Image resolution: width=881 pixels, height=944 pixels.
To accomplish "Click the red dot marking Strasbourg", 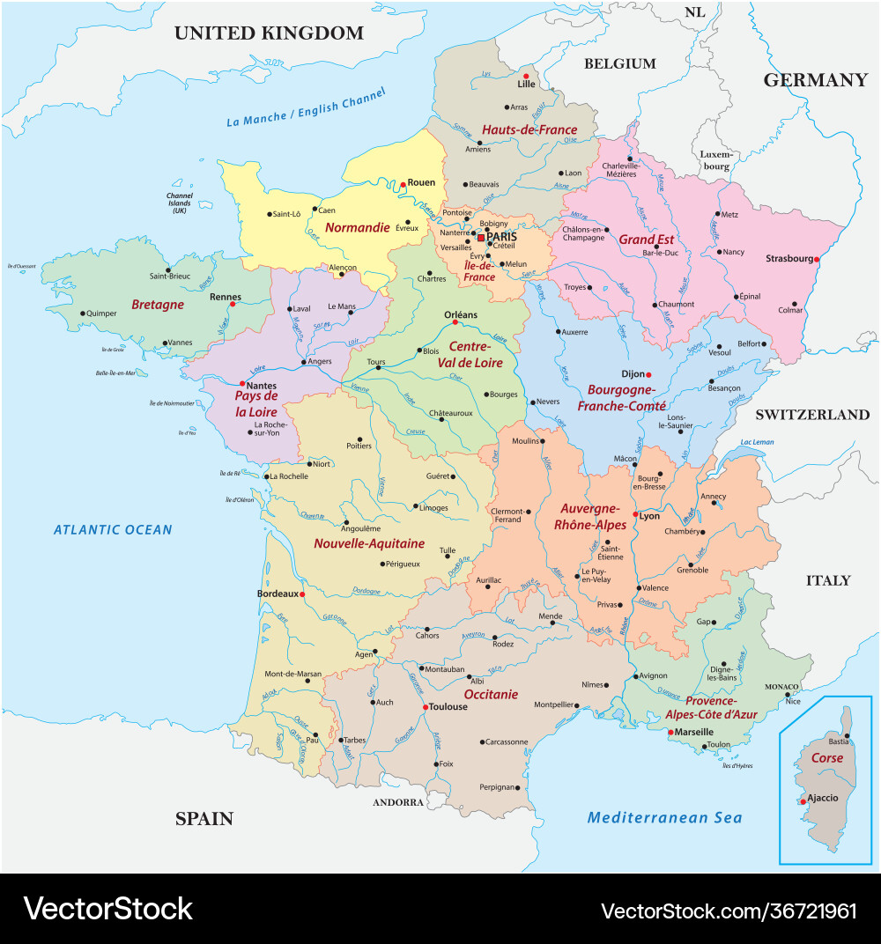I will [x=817, y=260].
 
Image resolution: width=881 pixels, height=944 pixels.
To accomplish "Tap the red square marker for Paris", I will [x=480, y=238].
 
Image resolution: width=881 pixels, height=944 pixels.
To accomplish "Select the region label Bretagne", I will [x=158, y=305].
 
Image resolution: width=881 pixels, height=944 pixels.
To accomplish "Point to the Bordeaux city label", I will [x=278, y=594].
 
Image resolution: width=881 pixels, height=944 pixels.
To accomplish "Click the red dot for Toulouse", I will [x=426, y=707].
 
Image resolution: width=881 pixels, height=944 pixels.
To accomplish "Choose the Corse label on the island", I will [x=826, y=757].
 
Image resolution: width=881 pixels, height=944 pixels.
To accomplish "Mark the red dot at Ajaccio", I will [x=803, y=801].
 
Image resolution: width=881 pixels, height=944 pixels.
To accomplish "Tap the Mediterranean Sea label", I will [x=664, y=817].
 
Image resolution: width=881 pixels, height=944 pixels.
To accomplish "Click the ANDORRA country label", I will [x=398, y=802].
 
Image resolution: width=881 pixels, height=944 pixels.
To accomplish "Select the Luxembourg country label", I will [x=716, y=159].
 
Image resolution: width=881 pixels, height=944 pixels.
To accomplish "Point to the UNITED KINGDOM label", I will [x=269, y=33].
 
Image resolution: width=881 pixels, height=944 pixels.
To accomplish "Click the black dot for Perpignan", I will [x=519, y=788].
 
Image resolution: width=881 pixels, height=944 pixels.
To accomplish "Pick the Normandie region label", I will [x=357, y=227].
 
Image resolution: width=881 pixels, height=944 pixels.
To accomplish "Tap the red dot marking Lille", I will [x=526, y=77].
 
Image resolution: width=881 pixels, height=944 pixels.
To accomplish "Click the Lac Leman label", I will [x=757, y=442].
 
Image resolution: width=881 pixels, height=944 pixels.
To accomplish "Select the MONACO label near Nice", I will [x=781, y=687].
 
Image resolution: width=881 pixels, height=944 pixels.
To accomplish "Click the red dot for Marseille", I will [x=670, y=733].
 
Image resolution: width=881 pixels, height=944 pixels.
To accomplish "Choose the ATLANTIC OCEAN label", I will [x=113, y=529].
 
